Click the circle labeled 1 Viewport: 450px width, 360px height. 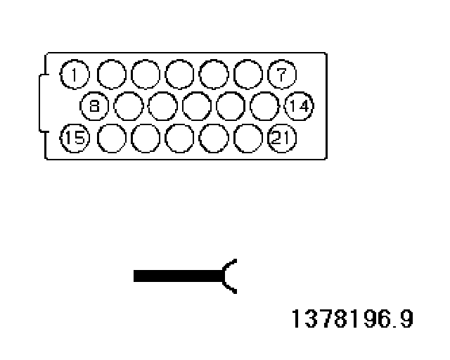(75, 73)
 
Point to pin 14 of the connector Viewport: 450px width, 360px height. (300, 107)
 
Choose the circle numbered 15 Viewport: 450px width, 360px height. (75, 139)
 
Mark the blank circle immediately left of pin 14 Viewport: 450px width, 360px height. (265, 106)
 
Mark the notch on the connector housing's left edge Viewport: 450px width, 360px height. (41, 106)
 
